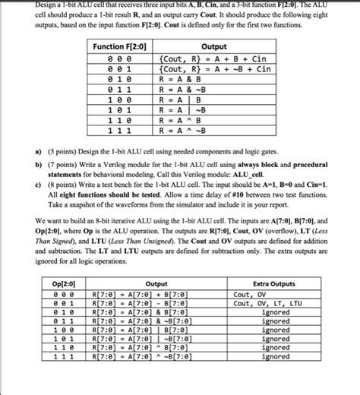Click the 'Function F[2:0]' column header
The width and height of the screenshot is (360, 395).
click(121, 47)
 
